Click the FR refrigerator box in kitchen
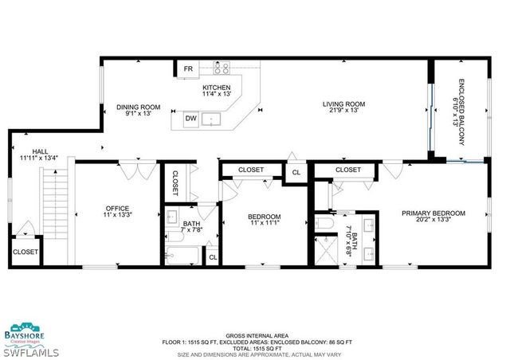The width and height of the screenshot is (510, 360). (x=188, y=69)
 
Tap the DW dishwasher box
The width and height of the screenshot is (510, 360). (x=191, y=119)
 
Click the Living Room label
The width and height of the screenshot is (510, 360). (x=343, y=104)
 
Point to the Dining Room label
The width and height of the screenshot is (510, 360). (x=139, y=107)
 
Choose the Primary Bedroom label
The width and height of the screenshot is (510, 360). (x=433, y=213)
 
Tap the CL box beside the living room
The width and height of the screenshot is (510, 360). (x=296, y=172)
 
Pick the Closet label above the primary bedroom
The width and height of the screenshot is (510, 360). (x=347, y=170)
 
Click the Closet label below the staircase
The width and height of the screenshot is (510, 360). (x=25, y=252)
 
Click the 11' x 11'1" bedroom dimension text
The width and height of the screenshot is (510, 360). (x=264, y=224)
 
